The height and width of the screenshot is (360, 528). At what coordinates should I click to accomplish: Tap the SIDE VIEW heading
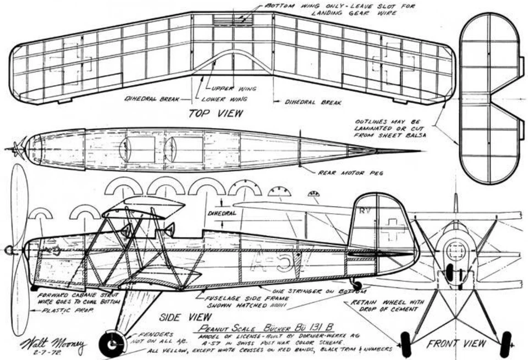(185, 317)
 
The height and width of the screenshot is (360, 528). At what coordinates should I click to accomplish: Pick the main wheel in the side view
(113, 344)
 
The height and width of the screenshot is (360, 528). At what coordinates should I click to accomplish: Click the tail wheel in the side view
(357, 285)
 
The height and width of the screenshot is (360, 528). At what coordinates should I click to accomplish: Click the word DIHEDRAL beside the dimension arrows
(222, 213)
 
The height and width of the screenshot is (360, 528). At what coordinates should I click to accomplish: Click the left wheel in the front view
(406, 344)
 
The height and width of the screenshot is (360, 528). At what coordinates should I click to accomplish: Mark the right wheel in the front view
(504, 344)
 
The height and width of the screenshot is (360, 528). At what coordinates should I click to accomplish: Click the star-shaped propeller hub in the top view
(18, 148)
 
